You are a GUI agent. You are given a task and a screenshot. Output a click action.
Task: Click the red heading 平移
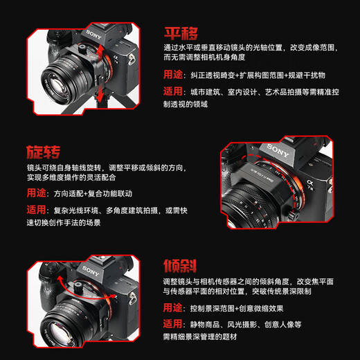pyautogui.click(x=181, y=34)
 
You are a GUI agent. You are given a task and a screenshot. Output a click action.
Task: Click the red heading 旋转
pyautogui.click(x=43, y=152)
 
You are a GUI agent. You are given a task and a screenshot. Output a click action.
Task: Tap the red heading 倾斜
pyautogui.click(x=181, y=266)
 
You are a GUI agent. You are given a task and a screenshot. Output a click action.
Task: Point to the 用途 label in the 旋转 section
pyautogui.click(x=37, y=193)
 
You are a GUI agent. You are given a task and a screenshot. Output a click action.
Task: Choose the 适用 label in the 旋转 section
pyautogui.click(x=37, y=210)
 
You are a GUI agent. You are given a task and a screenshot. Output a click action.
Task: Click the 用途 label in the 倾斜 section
pyautogui.click(x=174, y=307)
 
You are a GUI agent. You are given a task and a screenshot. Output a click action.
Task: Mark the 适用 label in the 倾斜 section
pyautogui.click(x=174, y=324)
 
